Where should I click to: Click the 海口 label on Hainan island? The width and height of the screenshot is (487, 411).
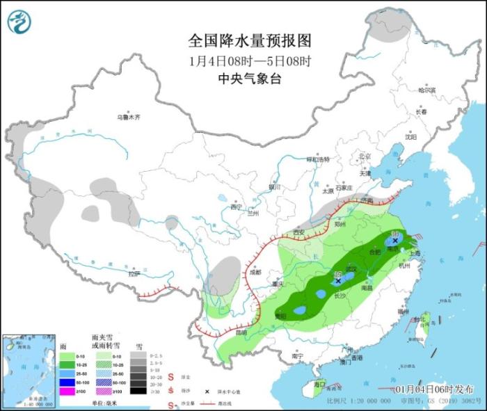pos(319,384)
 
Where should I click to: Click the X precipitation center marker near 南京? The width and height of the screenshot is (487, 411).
pos(396,240)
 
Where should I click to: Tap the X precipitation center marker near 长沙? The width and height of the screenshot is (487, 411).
pos(338,281)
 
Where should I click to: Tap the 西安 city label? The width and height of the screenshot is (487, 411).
pos(299,232)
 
